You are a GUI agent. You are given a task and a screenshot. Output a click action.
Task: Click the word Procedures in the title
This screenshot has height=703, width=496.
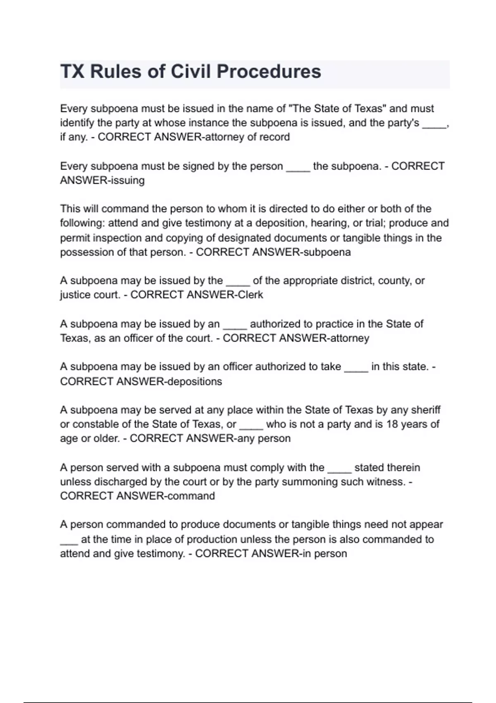pos(269,72)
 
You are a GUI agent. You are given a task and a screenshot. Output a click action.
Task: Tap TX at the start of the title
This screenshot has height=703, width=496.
pos(72,72)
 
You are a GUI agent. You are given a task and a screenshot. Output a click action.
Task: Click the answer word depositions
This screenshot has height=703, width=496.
pos(194,381)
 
